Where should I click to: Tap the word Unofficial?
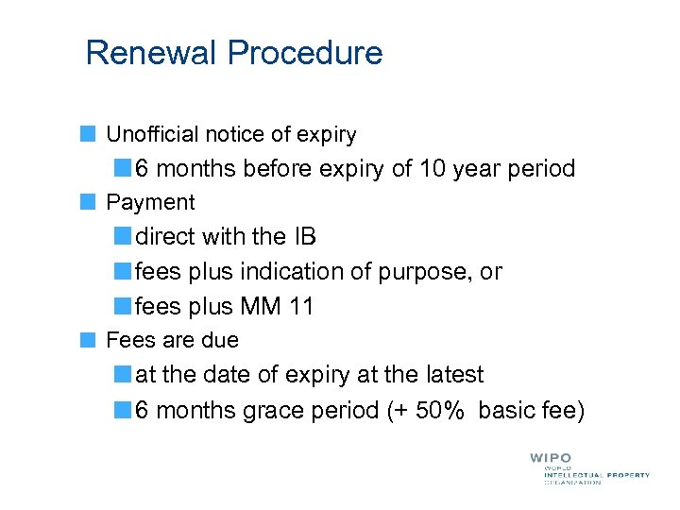point(153,135)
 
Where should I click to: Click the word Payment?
point(150,202)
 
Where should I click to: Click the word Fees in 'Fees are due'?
point(127,340)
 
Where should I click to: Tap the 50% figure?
point(442,410)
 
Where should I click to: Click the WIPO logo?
point(550,458)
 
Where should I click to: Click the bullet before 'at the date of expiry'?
point(123,375)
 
